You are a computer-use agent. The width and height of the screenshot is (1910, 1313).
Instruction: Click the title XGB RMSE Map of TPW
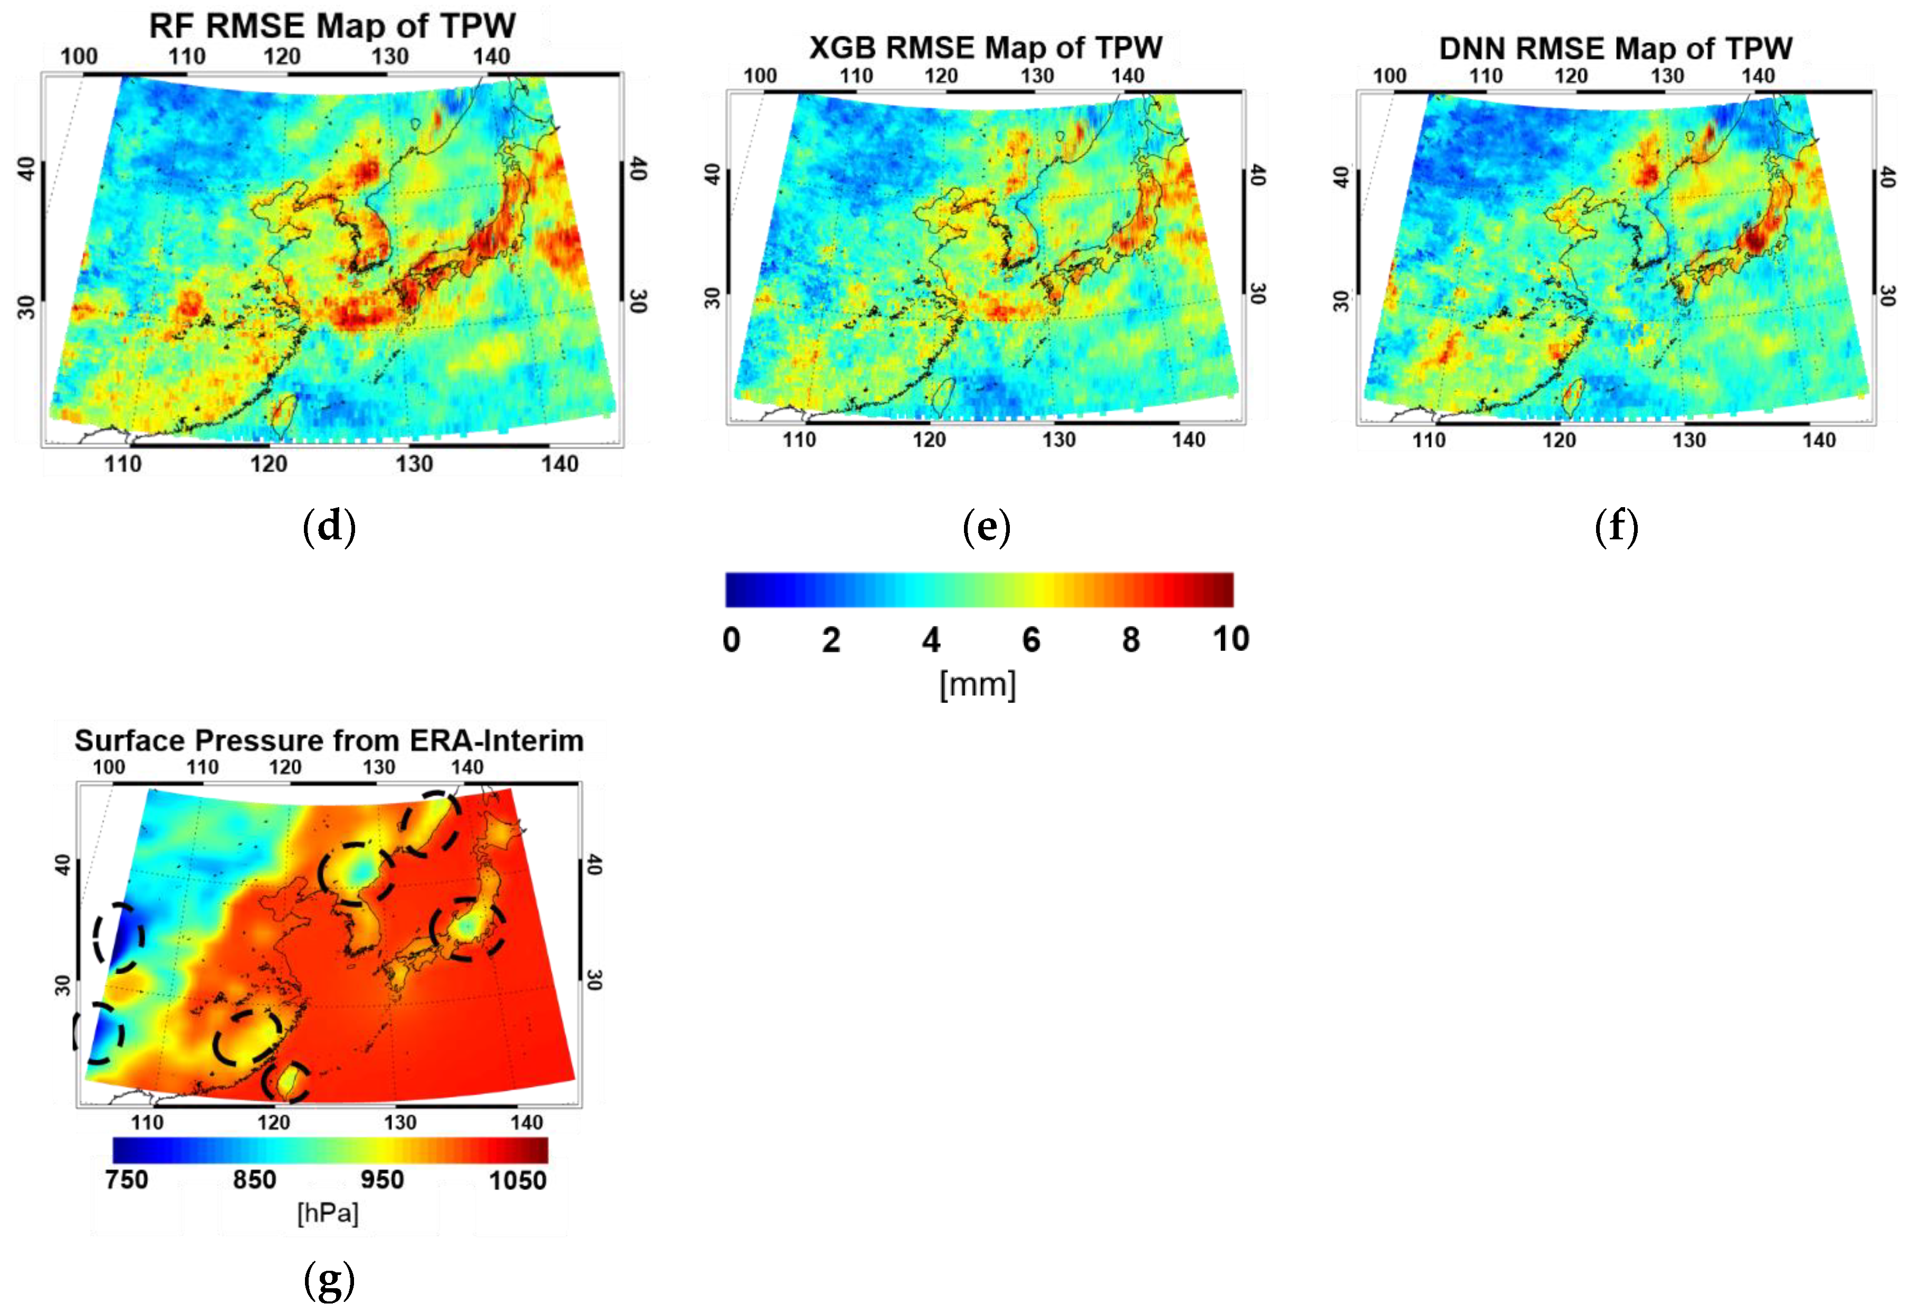pos(986,47)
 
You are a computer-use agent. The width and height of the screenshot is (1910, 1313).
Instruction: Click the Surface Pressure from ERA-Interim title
pos(329,740)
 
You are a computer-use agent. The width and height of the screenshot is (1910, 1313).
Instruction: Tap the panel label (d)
pos(329,527)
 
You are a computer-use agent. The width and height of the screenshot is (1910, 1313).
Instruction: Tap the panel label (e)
pos(986,527)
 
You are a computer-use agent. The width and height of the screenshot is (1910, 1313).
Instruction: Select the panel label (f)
pos(1616,527)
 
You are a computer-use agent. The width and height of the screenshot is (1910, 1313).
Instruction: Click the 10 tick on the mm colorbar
pos(1230,639)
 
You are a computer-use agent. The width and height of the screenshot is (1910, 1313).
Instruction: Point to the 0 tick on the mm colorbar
pos(731,639)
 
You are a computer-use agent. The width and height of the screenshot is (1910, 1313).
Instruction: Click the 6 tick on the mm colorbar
pos(1030,639)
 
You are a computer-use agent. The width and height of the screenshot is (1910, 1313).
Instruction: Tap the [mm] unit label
pos(978,683)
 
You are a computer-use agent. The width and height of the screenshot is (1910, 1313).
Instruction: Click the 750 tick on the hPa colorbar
pos(127,1179)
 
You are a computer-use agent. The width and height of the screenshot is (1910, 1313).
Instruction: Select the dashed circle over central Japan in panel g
pos(467,928)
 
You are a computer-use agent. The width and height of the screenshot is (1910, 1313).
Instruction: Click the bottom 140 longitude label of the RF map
pos(559,464)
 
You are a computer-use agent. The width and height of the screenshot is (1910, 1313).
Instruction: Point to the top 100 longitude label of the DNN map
pos(1389,75)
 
